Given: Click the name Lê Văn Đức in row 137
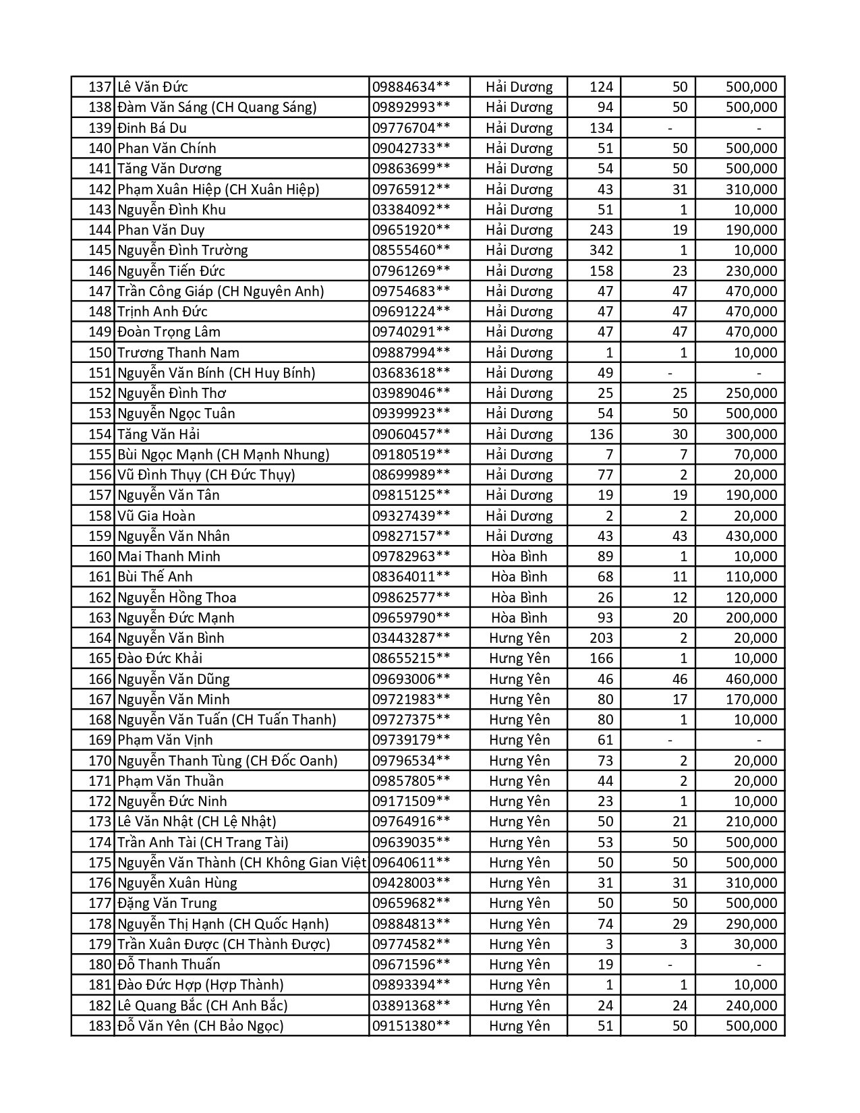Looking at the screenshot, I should click(152, 87).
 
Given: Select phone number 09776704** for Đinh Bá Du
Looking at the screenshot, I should click(411, 128).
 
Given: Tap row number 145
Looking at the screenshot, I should click(100, 250).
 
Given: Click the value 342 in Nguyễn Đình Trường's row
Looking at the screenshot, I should click(601, 250).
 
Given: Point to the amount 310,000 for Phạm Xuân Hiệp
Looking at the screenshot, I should click(751, 190).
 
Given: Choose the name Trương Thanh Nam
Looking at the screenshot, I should click(178, 353).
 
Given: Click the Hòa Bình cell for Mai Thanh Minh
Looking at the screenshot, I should click(519, 556).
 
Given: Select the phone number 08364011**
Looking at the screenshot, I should click(411, 577).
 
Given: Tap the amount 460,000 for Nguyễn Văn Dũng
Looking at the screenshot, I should click(751, 679).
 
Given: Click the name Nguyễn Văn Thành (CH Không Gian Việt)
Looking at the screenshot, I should click(242, 863).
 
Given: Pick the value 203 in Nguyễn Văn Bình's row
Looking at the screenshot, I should click(601, 638).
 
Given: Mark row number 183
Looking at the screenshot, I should click(100, 1026).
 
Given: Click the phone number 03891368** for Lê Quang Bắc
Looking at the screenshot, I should click(411, 1006).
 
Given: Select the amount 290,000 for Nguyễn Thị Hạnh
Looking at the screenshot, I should click(751, 924).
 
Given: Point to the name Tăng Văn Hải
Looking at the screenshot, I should click(159, 434).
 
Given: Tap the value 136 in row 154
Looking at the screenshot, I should click(601, 434).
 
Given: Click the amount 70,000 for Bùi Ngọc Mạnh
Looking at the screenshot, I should click(755, 455).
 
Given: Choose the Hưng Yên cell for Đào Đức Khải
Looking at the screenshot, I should click(519, 658).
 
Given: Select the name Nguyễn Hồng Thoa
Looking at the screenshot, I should click(177, 598).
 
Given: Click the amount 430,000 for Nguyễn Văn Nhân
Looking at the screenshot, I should click(751, 536).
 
